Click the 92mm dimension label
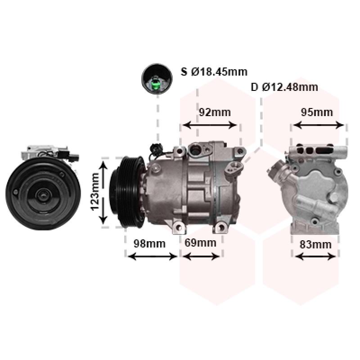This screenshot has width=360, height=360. pos(215,112)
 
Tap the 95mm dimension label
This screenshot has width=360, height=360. pos(317,112)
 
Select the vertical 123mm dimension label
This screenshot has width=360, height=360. pos(95,192)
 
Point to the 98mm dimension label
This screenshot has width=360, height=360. pos(149,243)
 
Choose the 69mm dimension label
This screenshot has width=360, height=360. pos(200,243)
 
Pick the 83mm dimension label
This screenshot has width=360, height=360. pos(316,245)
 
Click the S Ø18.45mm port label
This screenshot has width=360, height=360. pos(214,72)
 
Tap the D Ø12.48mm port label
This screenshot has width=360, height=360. pos(284,87)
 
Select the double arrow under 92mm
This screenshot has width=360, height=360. pos(210,126)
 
